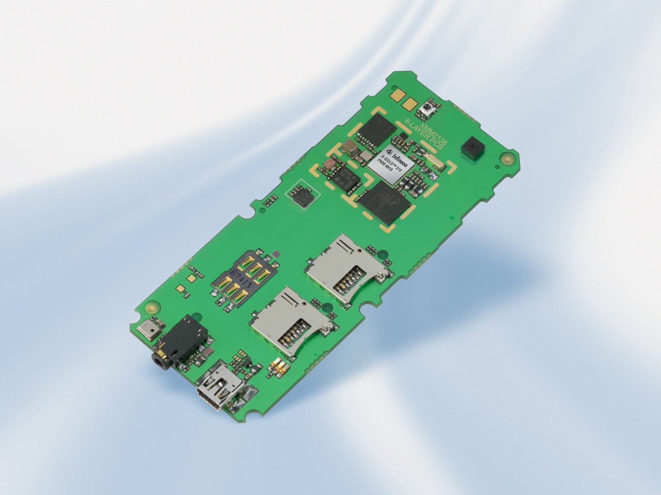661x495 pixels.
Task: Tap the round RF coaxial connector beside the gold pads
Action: (x=428, y=108)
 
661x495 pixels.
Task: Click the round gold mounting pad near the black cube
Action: (x=508, y=160)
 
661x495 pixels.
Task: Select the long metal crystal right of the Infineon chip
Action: (x=433, y=162)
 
